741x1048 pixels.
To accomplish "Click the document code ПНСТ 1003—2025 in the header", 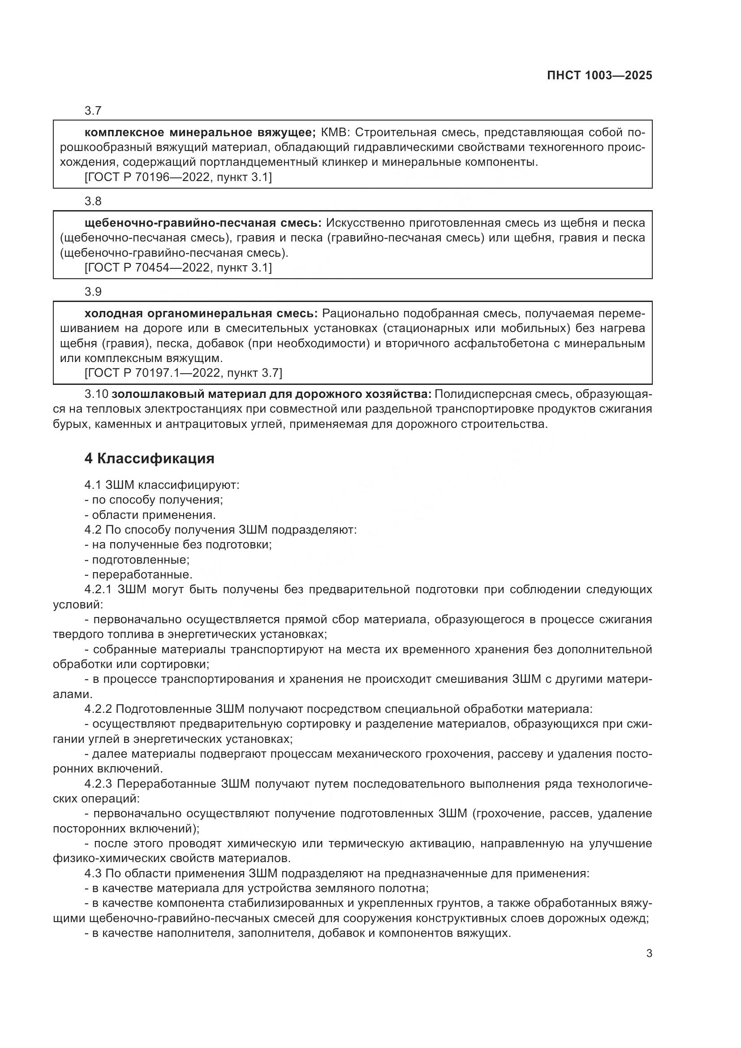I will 599,76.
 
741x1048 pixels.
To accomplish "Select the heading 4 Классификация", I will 149,458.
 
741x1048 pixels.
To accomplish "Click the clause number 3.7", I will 93,111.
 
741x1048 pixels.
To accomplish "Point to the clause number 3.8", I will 93,201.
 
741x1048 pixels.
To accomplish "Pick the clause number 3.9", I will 93,292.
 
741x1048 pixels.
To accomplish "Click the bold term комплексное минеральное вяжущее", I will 200,133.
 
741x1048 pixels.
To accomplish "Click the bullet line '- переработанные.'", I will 138,575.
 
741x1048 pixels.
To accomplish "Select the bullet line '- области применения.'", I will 150,515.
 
